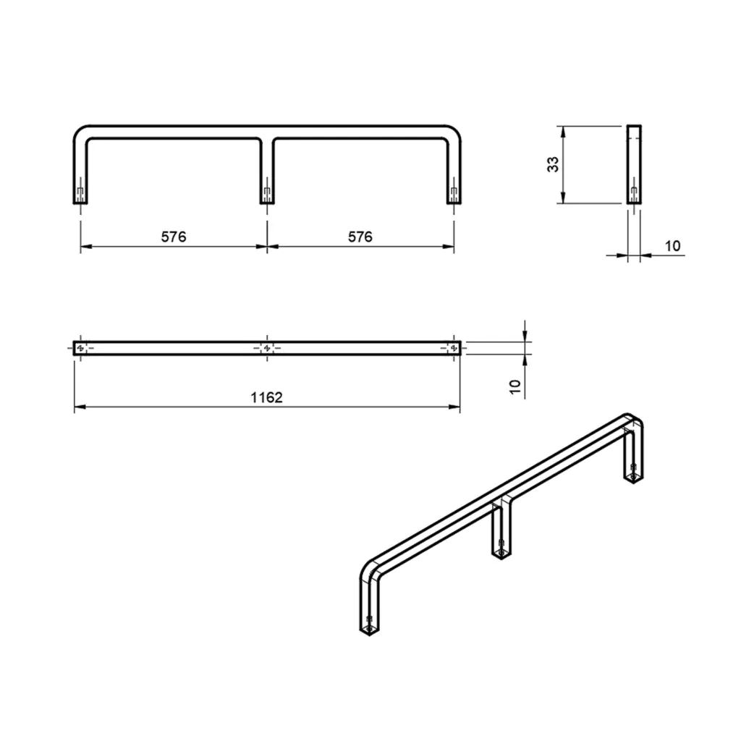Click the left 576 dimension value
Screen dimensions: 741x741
coord(174,237)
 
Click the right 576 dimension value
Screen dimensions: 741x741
coord(360,237)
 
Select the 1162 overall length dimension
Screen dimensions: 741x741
coord(266,397)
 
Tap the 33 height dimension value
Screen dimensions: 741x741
coord(552,164)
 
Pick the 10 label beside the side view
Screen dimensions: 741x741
coord(672,246)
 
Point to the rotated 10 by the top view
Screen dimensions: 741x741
coord(515,386)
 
